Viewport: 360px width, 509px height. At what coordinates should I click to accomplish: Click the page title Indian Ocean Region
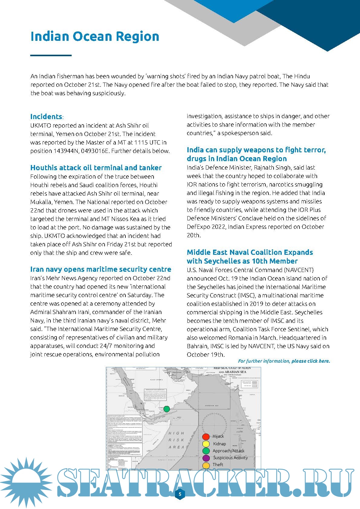[95, 37]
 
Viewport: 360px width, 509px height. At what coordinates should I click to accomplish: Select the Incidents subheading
[46, 117]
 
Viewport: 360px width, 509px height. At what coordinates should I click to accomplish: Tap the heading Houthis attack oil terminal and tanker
[96, 168]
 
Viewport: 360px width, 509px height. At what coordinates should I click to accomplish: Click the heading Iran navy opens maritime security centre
[101, 269]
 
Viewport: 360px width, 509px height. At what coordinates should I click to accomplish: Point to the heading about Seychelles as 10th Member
[250, 257]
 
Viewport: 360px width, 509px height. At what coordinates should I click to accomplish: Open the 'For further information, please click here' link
[284, 361]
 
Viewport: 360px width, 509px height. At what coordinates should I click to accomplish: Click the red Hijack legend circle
[206, 436]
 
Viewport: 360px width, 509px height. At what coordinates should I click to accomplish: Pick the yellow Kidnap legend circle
[206, 444]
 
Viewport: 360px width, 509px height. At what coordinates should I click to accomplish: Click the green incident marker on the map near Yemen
[167, 409]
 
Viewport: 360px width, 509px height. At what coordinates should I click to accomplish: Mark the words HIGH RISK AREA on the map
[176, 440]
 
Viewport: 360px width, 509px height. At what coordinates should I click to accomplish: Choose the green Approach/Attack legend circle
[206, 451]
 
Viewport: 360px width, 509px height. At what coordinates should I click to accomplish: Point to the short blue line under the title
[51, 55]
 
